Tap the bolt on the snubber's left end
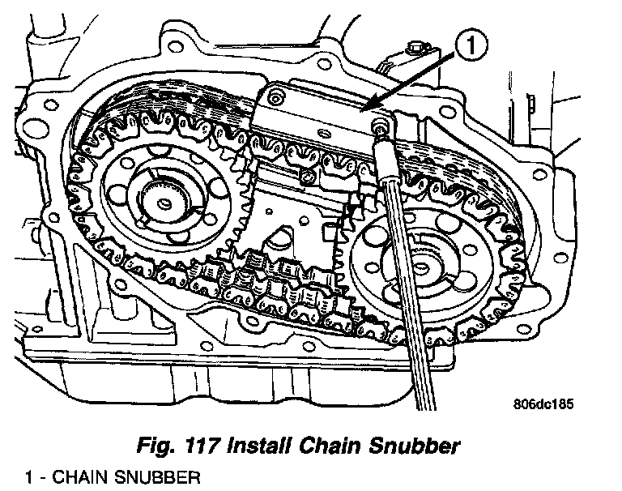click(276, 99)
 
